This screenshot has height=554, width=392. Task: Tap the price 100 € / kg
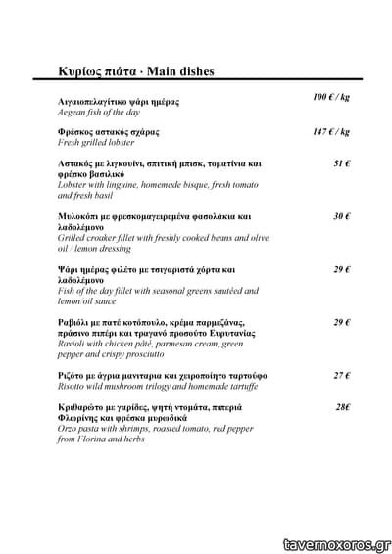331,98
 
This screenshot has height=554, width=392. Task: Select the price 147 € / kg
331,131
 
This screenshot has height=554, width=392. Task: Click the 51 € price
342,163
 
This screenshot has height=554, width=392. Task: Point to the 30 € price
342,216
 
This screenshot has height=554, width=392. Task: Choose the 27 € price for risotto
342,375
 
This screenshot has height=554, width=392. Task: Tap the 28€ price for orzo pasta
343,407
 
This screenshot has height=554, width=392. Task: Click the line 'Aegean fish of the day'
99,114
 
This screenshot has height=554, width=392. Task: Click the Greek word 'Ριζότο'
75,375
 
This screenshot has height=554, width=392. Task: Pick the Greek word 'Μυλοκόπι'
81,216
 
